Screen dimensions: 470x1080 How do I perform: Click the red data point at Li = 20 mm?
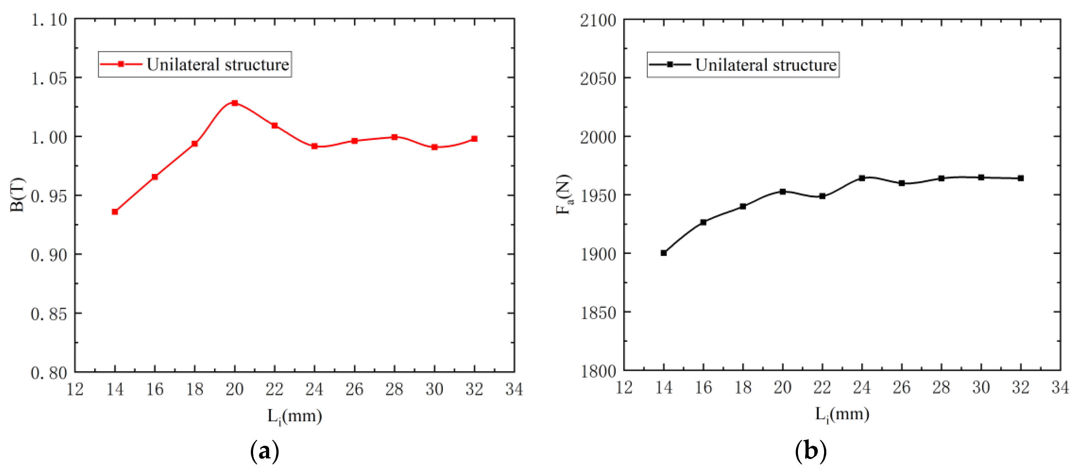coord(235,103)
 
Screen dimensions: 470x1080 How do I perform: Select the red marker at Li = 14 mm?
coord(115,212)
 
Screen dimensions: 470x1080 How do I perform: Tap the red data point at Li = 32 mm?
coord(474,139)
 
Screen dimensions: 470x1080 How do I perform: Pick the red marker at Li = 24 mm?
coord(314,146)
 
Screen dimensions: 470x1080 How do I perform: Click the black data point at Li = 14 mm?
coord(664,253)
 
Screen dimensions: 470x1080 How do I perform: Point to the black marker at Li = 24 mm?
coord(862,178)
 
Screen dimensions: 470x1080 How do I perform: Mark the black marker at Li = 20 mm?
coord(783,191)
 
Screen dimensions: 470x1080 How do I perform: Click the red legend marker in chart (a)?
coord(121,64)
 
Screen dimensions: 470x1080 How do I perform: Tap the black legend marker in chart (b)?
coord(670,64)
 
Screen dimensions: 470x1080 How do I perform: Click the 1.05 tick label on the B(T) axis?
coord(49,78)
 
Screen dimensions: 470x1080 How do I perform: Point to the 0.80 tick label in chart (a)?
coord(49,373)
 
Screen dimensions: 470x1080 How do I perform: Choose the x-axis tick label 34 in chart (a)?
coord(514,390)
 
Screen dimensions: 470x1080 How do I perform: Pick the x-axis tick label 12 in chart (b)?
coord(624,388)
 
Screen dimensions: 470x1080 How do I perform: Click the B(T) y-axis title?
coord(18,195)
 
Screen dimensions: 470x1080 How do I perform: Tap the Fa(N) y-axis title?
coord(564,195)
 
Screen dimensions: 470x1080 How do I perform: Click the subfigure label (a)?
coord(264,451)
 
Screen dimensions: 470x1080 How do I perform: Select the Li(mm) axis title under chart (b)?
coord(842,415)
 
